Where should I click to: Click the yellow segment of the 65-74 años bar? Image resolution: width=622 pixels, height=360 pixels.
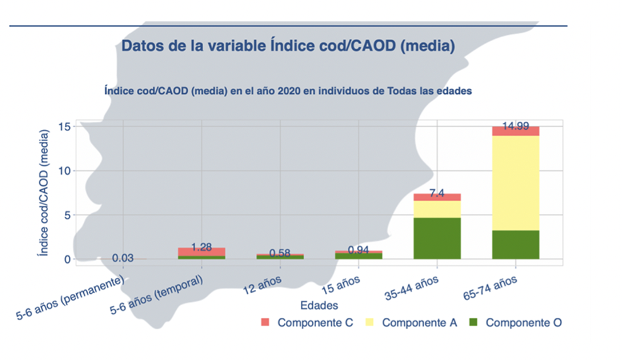(515, 183)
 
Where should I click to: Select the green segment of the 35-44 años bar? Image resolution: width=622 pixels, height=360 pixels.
(437, 238)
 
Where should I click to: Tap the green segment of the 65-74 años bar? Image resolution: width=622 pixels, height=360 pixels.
(515, 245)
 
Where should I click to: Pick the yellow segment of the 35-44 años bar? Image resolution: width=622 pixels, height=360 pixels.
(437, 209)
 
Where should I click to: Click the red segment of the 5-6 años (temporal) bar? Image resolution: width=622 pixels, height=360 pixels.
(201, 252)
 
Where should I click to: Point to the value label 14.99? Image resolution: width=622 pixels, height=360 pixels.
(515, 126)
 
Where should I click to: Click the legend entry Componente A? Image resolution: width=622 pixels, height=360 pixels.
(420, 323)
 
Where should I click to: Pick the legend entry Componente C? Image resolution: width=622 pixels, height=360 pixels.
(315, 323)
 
